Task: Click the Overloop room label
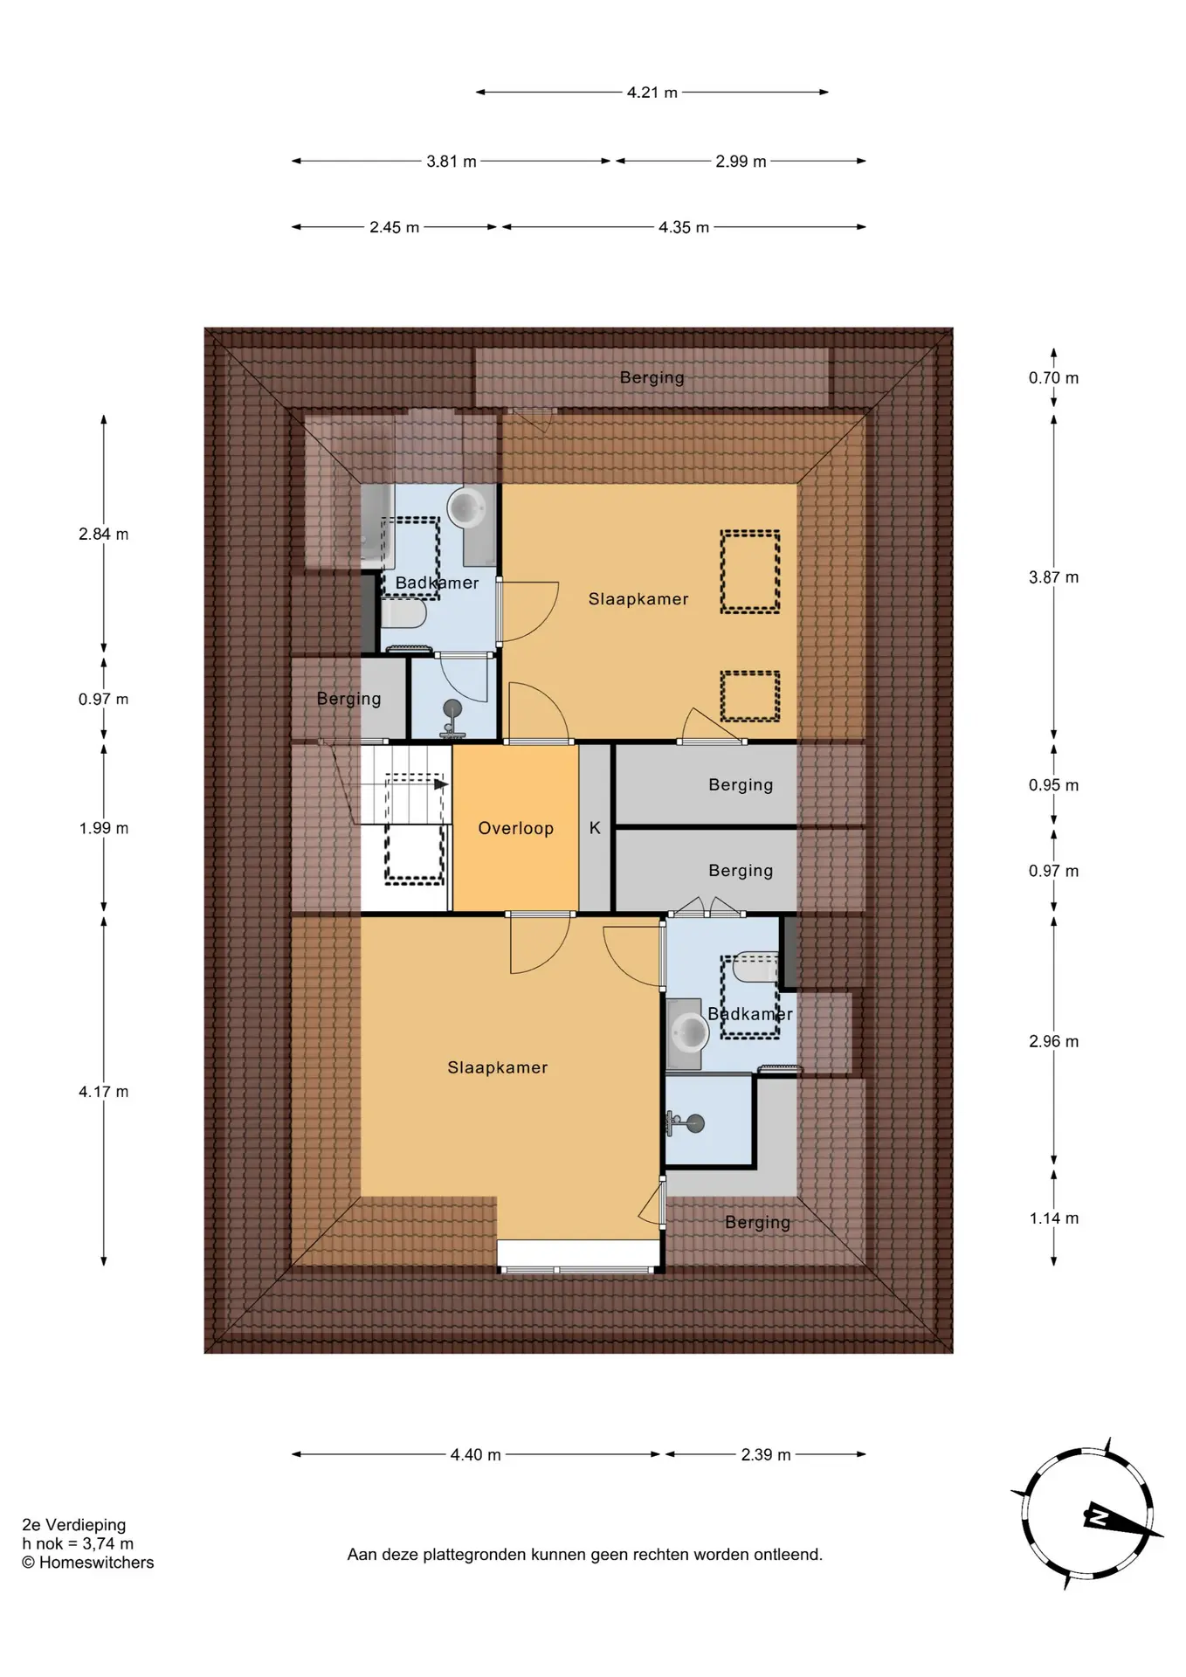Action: coord(515,828)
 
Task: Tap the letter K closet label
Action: coord(595,828)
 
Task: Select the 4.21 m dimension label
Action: coord(652,93)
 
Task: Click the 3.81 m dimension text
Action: coord(452,162)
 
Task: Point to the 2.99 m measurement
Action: coord(741,162)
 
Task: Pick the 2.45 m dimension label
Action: coord(394,227)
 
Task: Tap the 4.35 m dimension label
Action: coord(684,227)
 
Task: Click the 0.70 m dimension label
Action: coord(1053,378)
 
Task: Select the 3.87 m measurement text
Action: coord(1053,577)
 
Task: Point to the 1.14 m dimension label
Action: coord(1053,1218)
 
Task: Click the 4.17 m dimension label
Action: coord(103,1092)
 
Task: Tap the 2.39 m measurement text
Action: coord(766,1455)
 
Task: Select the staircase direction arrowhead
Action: coord(442,784)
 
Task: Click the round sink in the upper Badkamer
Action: coord(467,507)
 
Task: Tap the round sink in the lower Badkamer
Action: coord(688,1034)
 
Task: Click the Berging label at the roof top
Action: coord(652,377)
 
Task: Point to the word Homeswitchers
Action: coord(96,1563)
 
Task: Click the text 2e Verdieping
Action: coord(74,1525)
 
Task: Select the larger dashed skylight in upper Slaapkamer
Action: coord(749,571)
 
